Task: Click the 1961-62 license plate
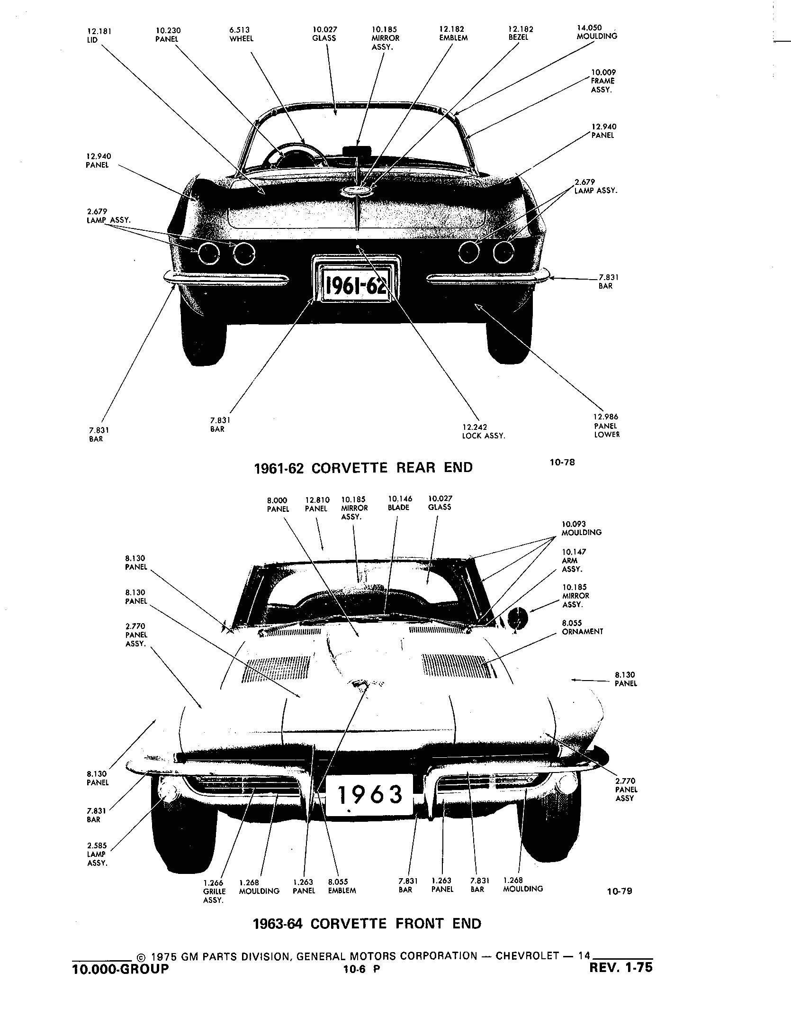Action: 356,285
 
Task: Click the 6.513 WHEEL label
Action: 241,35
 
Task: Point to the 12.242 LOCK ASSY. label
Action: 484,431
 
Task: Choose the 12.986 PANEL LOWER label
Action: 606,426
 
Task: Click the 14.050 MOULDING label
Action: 596,32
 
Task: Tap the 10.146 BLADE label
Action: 400,503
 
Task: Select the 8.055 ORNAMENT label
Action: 582,627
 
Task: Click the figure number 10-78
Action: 562,462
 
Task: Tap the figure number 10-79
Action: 620,891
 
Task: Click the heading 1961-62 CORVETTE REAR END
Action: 363,468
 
